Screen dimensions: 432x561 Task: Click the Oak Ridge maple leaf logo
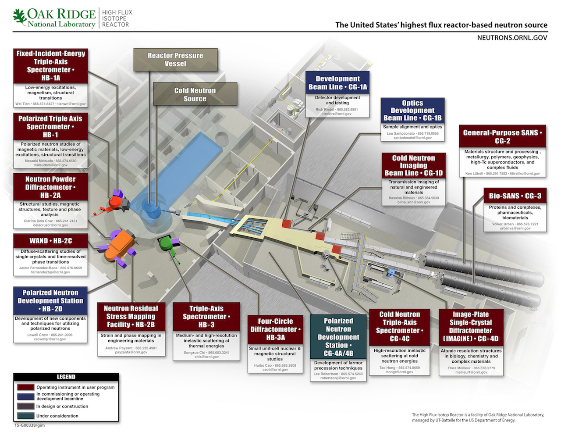(x=20, y=18)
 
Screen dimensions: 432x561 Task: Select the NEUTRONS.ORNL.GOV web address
(x=512, y=38)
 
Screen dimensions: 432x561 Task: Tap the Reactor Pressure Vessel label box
(x=175, y=60)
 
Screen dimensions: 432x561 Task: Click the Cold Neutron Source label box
(x=195, y=95)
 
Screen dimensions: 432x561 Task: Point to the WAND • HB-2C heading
(x=50, y=241)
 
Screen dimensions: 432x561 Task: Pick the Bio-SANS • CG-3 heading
(x=515, y=196)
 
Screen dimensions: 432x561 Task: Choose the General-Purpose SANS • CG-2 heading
(x=502, y=137)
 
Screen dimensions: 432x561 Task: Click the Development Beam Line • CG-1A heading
(x=337, y=82)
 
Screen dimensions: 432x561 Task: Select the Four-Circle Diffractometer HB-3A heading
(x=275, y=329)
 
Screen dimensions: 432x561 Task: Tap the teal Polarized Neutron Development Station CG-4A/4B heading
(x=338, y=337)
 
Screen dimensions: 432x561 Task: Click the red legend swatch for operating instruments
(x=26, y=387)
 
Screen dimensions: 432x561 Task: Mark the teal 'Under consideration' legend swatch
(x=26, y=416)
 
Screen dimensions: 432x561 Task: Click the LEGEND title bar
(x=66, y=377)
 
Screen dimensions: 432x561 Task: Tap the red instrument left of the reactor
(x=116, y=202)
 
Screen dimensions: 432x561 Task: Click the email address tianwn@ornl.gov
(x=71, y=104)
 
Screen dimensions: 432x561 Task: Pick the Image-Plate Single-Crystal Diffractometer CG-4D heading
(x=471, y=327)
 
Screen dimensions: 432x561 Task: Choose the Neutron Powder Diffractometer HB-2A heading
(x=50, y=187)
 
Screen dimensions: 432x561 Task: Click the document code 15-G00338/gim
(x=30, y=425)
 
